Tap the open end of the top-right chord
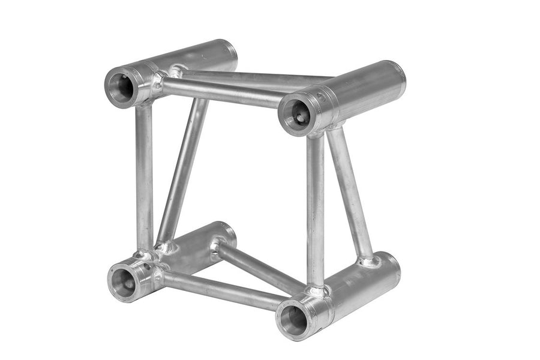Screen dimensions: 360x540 pos(295,114)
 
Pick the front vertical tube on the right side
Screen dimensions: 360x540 pos(316,210)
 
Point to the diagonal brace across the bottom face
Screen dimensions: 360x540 pos(258,267)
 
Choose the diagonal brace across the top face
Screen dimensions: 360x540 pos(252,79)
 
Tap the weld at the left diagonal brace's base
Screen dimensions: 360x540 pos(163,246)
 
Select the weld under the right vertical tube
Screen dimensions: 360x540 pos(316,291)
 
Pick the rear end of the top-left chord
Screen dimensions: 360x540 pos(228,51)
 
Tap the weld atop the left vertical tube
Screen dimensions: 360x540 pos(144,102)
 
